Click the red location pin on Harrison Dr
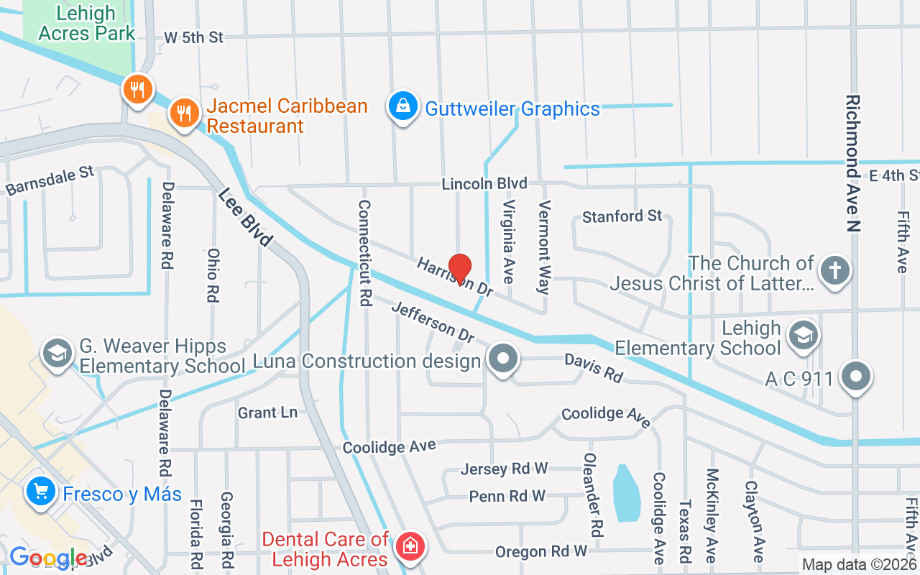coord(460,270)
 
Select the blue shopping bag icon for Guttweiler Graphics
coord(403,106)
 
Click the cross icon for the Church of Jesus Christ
coord(834,271)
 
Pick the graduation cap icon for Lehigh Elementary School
coord(803,335)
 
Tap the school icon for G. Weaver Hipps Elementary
coord(56,353)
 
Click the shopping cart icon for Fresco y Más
coord(41,492)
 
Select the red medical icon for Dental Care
coord(411,547)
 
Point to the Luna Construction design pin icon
coord(503,357)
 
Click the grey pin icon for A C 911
coord(855,376)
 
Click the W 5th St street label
coord(193,37)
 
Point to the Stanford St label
coord(622,216)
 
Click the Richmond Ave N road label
coord(852,163)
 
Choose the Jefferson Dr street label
coord(433,321)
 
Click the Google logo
coord(48,558)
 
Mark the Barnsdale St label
coord(50,180)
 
